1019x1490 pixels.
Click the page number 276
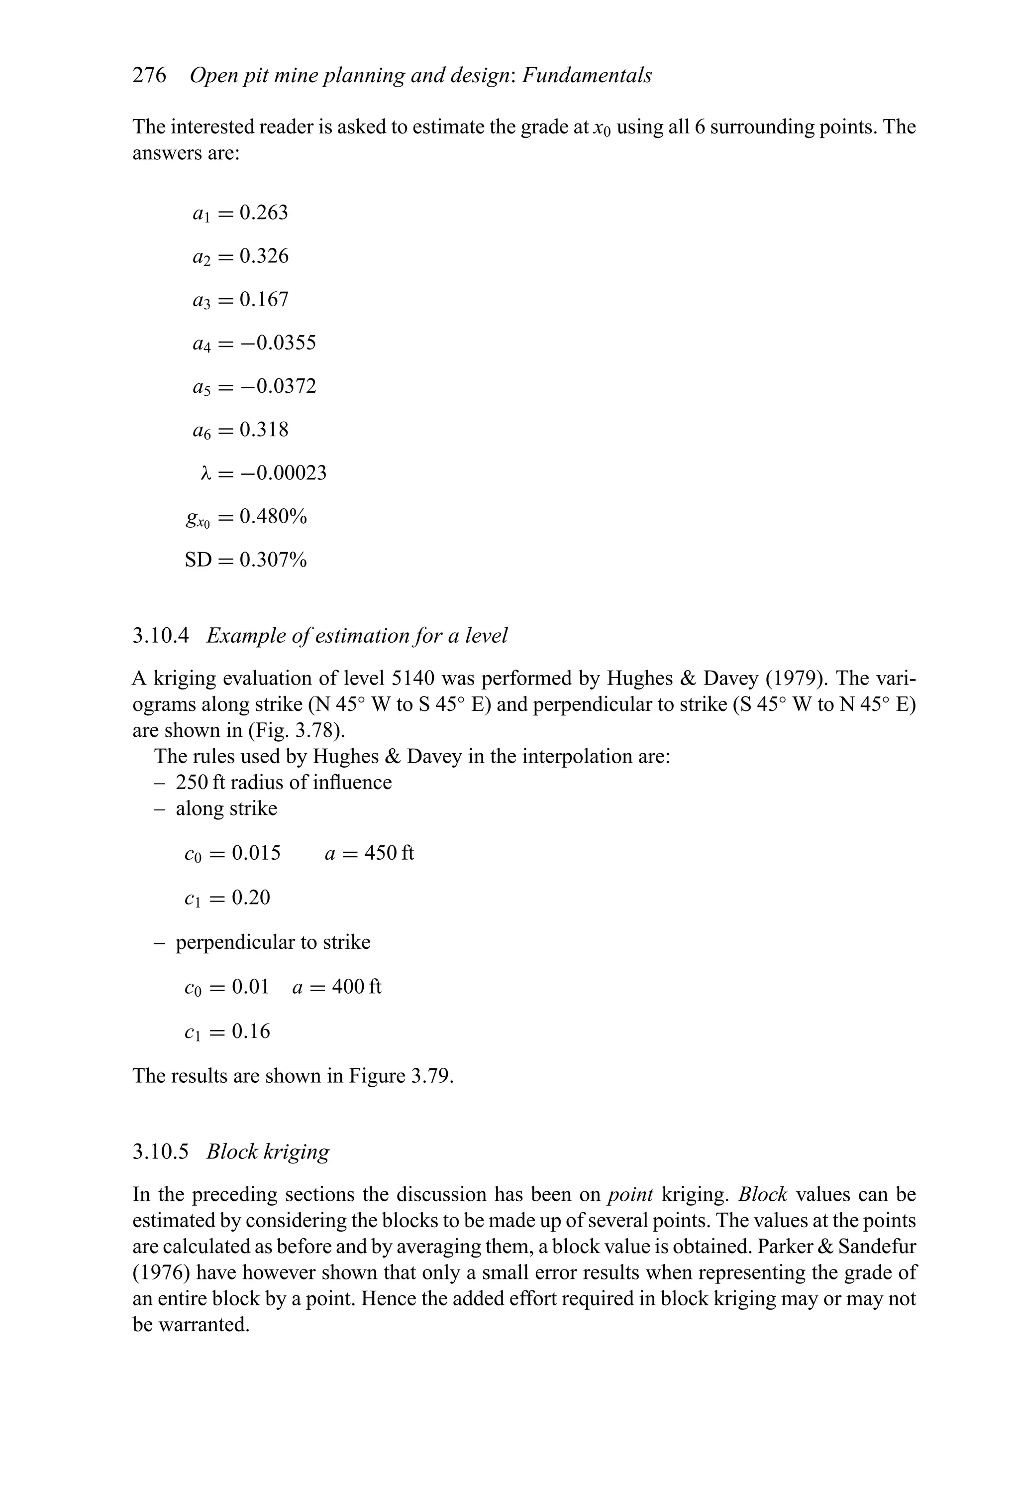click(x=149, y=76)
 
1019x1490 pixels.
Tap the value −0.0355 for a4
click(x=278, y=343)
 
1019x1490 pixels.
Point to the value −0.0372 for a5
click(x=278, y=386)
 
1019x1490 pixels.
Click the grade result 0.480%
click(x=273, y=516)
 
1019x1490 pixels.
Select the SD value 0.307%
click(x=273, y=560)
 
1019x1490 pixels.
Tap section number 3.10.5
click(x=161, y=1151)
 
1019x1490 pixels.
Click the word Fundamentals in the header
click(x=587, y=76)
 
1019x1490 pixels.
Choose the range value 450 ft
click(x=389, y=853)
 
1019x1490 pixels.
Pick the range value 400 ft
click(x=356, y=986)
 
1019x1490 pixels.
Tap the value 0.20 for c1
click(x=251, y=897)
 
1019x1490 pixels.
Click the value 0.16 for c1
click(x=251, y=1031)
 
